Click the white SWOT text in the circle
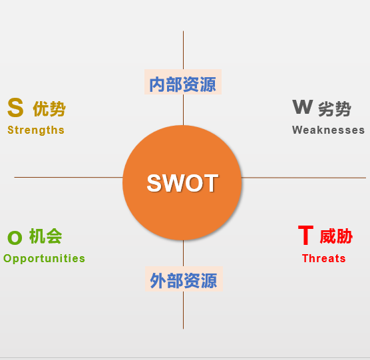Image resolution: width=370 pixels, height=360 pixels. coord(182,183)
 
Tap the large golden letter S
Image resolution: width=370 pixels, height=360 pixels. coord(15,108)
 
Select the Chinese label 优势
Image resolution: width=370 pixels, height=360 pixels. coord(49,108)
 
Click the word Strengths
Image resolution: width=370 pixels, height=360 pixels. coord(36,130)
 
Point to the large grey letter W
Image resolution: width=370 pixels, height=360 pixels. coord(303,107)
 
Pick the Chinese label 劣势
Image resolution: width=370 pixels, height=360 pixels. coord(335,108)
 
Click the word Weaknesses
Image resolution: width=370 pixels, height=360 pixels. coord(328,130)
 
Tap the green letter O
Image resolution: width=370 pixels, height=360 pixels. coord(15,238)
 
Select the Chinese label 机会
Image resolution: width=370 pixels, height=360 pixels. coord(45,236)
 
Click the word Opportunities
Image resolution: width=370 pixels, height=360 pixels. coord(44,259)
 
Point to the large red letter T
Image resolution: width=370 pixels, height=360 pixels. coord(305,235)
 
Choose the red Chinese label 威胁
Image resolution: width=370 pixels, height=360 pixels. coord(336,236)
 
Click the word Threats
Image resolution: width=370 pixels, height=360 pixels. coord(323,258)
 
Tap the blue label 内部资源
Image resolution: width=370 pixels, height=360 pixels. coord(183,85)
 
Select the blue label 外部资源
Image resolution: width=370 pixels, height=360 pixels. coord(184,281)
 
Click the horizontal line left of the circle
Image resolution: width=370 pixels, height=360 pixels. coord(69,177)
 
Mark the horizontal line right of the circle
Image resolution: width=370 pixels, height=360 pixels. coord(303,178)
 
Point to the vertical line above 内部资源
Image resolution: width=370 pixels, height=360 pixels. coord(184,50)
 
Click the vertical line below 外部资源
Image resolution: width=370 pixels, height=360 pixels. coord(184,310)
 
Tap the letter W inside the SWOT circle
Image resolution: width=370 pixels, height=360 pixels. coord(174,183)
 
